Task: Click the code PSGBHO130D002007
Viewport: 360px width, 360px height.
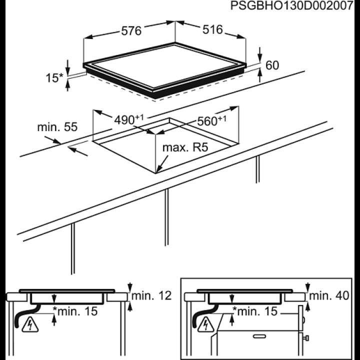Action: click(x=292, y=5)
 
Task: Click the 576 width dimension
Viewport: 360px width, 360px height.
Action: click(x=131, y=31)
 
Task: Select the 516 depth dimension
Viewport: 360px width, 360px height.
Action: click(x=212, y=29)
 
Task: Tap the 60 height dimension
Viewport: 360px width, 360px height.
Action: click(x=272, y=65)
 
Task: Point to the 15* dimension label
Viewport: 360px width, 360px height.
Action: click(x=54, y=77)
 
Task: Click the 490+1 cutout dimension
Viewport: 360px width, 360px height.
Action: click(x=129, y=119)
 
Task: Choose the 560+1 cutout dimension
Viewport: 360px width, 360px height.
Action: click(x=211, y=121)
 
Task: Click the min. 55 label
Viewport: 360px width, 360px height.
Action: click(x=57, y=127)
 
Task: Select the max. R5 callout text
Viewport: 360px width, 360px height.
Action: click(x=185, y=147)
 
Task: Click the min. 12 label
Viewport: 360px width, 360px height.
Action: click(x=151, y=295)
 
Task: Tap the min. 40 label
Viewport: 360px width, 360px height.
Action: click(x=329, y=295)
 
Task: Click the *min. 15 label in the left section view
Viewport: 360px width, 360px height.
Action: click(x=75, y=311)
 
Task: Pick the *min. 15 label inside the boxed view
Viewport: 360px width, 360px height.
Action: click(x=255, y=311)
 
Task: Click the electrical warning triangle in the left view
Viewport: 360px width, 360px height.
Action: click(x=30, y=324)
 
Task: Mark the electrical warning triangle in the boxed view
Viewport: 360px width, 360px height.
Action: click(x=206, y=324)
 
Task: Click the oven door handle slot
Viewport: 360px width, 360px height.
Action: click(x=259, y=336)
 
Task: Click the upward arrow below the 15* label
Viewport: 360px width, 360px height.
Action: click(x=67, y=85)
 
